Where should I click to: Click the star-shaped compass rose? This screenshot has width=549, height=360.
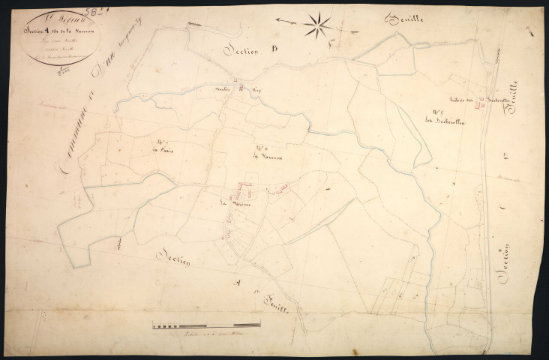[319, 26]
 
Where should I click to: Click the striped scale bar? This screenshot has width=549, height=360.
[205, 325]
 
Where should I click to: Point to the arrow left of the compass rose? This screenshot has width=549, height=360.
[285, 22]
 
